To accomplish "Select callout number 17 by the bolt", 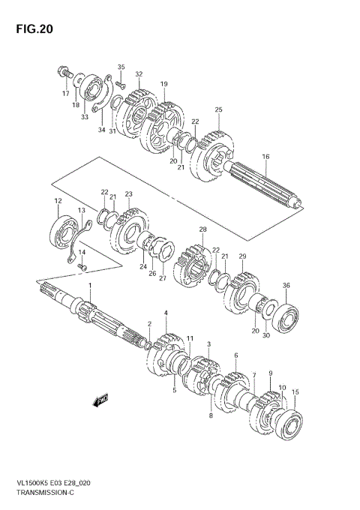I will pyautogui.click(x=65, y=94).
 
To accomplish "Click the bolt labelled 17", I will pyautogui.click(x=63, y=74).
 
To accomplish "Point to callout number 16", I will pyautogui.click(x=265, y=157).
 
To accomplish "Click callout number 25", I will pyautogui.click(x=218, y=110).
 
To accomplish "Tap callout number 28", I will pyautogui.click(x=202, y=229).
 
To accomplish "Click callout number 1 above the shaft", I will pyautogui.click(x=90, y=287).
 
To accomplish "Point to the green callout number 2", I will pyautogui.click(x=149, y=323).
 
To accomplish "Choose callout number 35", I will pyautogui.click(x=121, y=67).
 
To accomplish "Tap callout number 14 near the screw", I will pyautogui.click(x=82, y=252).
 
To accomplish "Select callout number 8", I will pyautogui.click(x=211, y=415).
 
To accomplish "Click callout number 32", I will pyautogui.click(x=138, y=74).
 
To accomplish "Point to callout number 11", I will pyautogui.click(x=190, y=338).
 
